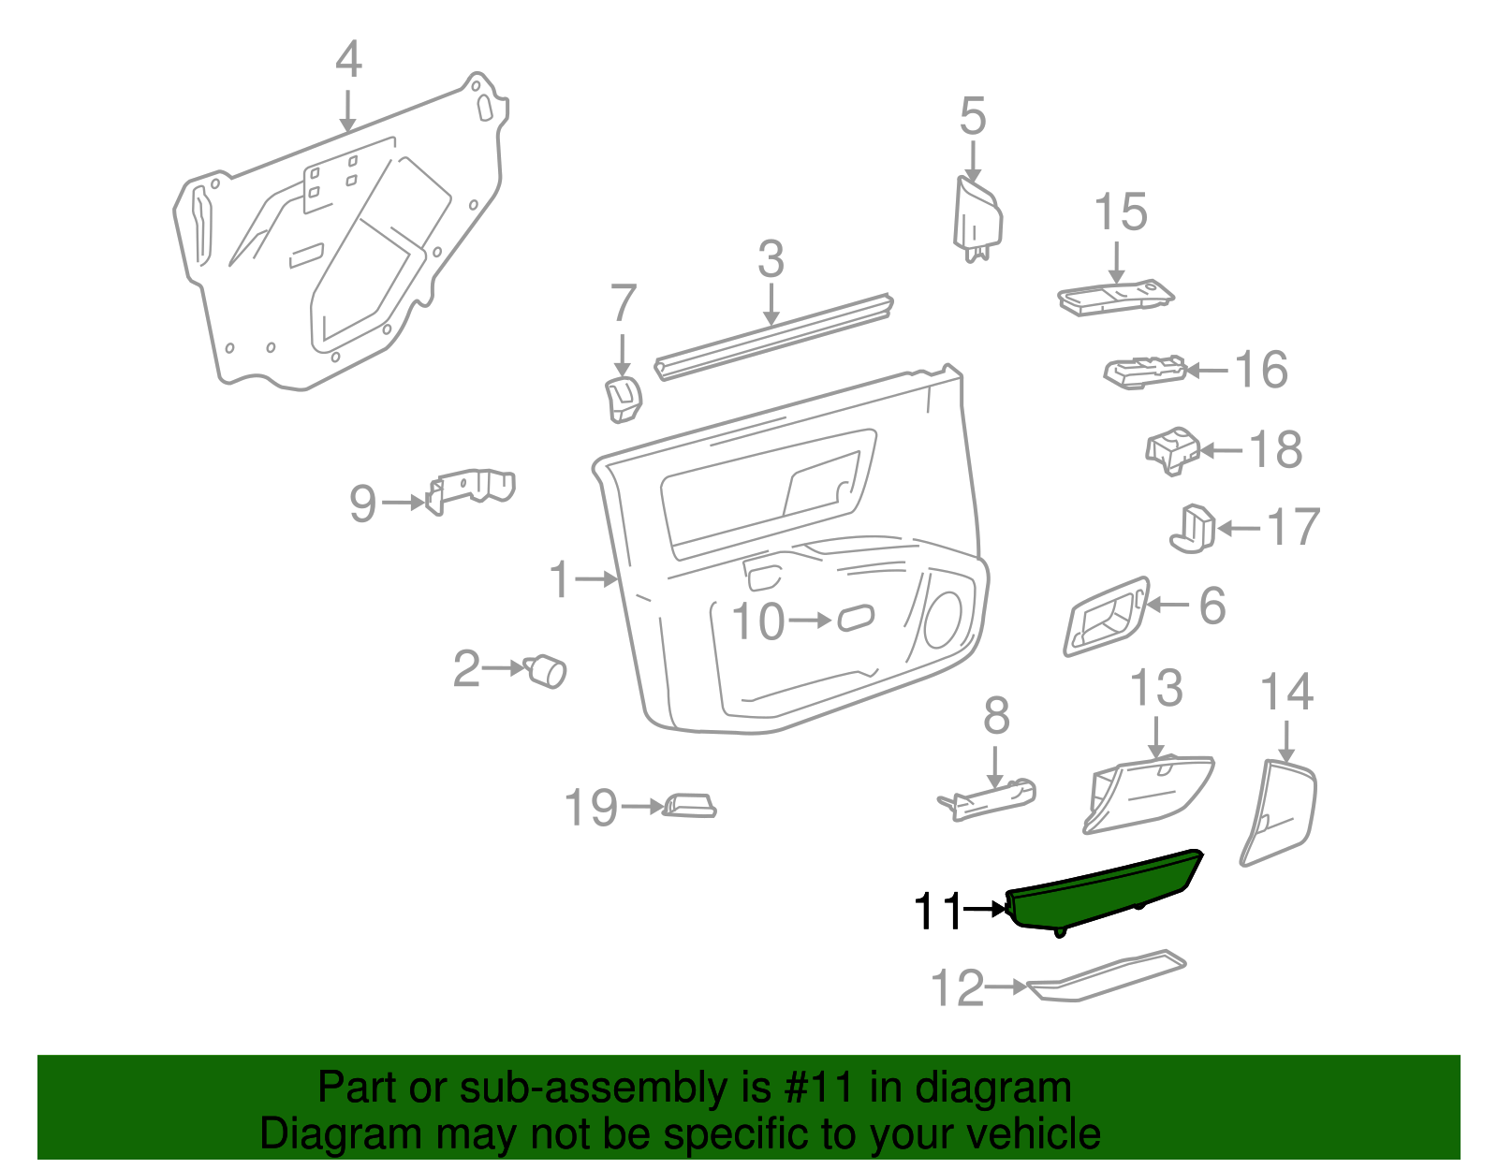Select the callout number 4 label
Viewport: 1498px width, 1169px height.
click(348, 61)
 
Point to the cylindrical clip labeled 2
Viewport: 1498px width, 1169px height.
click(546, 671)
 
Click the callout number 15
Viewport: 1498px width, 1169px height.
click(1120, 212)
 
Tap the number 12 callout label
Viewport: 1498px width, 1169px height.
click(958, 988)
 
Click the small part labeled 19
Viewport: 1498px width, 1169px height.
click(690, 805)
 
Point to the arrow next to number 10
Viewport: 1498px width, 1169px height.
click(810, 621)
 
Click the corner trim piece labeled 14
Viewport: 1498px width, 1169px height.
click(1279, 811)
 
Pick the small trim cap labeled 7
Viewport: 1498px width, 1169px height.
click(622, 398)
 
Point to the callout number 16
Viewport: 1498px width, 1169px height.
click(1261, 370)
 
